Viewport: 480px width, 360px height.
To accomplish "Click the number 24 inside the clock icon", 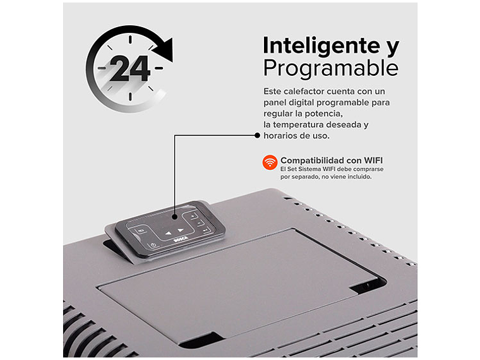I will click(130, 69).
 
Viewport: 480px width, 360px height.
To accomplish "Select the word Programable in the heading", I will click(330, 68).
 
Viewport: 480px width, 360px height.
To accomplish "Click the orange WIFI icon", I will click(270, 162).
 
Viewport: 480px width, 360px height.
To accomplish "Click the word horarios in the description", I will click(282, 136).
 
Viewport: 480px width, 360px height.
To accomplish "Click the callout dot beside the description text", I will click(257, 135).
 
